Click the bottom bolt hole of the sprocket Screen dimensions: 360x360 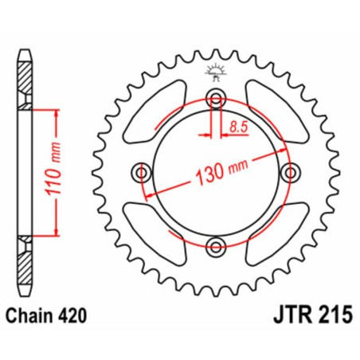(213, 245)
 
